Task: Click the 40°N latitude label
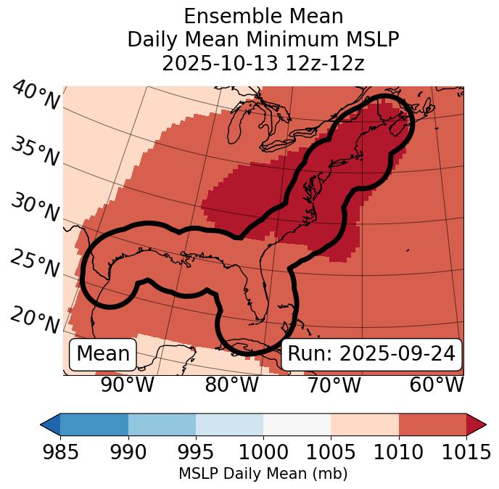point(36,96)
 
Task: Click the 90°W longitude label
point(128,385)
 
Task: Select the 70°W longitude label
point(334,385)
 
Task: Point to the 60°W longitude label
point(437,385)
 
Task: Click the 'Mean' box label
point(103,354)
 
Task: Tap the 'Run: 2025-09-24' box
point(371,354)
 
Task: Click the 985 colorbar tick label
point(60,453)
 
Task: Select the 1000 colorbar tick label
point(263,453)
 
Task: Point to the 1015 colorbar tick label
point(466,453)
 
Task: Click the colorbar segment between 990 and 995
point(162,424)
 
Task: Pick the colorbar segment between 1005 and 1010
point(365,424)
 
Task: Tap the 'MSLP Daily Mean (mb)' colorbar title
point(263,474)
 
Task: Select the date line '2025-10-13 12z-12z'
point(263,63)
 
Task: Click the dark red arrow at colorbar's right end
point(476,424)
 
